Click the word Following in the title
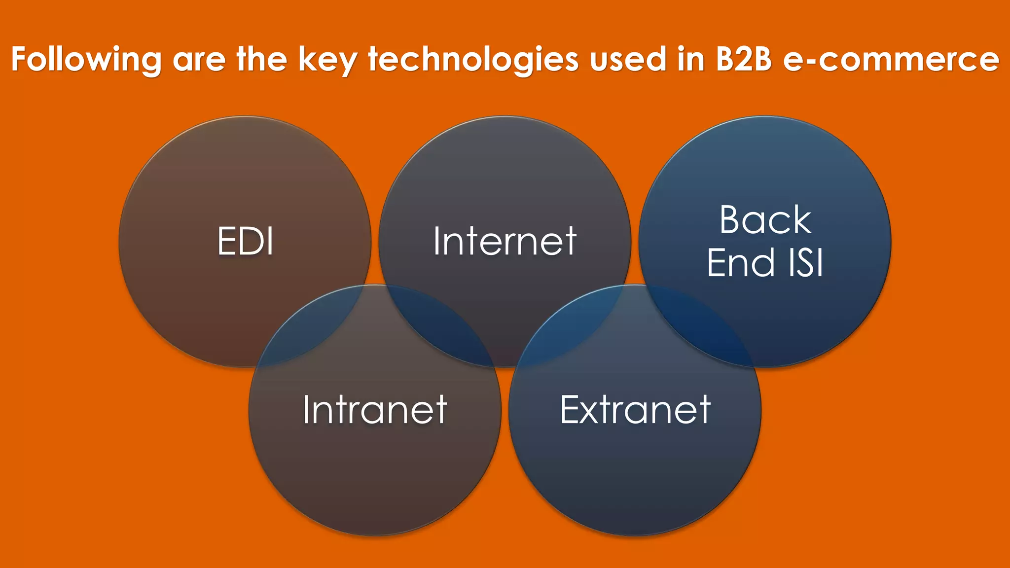[x=86, y=60]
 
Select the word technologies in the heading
[x=473, y=60]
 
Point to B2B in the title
[x=743, y=60]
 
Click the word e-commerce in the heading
[x=891, y=60]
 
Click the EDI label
[x=245, y=241]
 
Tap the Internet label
[x=505, y=241]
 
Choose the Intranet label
[x=375, y=410]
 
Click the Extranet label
[x=635, y=410]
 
